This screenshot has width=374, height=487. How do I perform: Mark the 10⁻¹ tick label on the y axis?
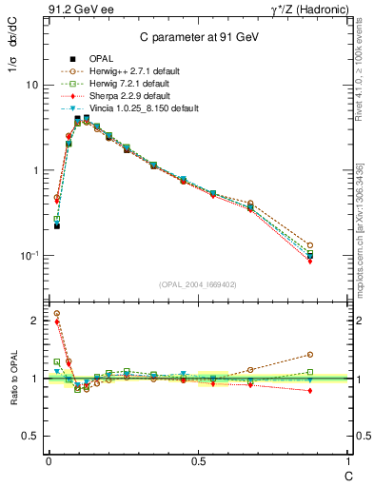pos(29,255)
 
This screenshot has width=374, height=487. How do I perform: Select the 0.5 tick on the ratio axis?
pos(31,436)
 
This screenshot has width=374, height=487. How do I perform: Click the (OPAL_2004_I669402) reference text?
pos(197,282)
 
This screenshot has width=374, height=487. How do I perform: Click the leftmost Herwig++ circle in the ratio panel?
pos(57,313)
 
